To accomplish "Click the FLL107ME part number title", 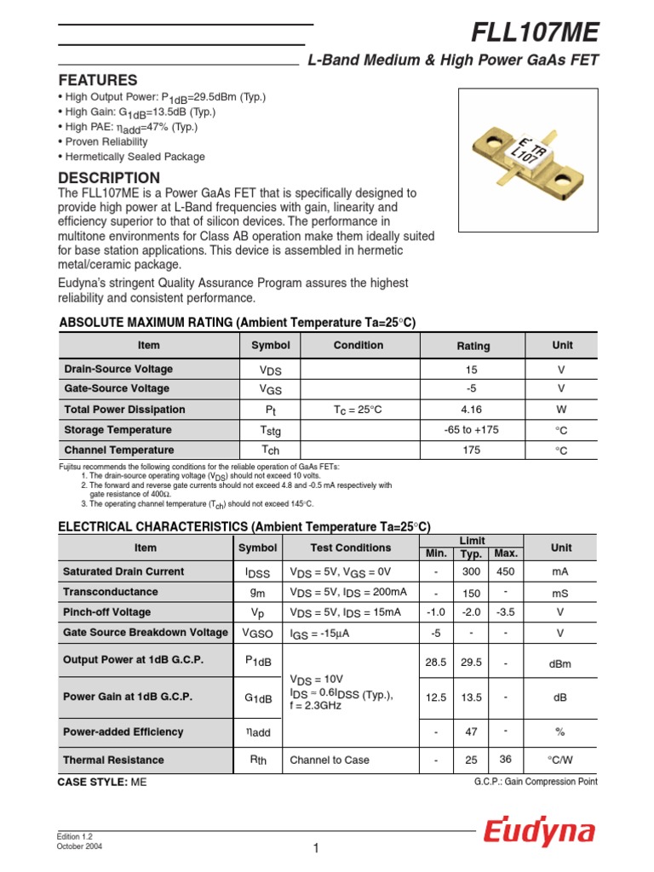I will [536, 33].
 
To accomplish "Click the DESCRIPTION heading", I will [108, 178].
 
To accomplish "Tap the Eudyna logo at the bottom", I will [540, 832].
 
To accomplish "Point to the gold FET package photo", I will [527, 158].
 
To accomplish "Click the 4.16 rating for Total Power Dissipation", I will [473, 410].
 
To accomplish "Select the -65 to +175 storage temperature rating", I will [473, 430].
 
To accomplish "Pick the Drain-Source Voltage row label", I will [118, 369].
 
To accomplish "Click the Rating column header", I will [473, 346].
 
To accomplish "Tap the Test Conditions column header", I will [351, 548].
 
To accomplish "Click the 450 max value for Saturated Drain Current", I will [506, 571].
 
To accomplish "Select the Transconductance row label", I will [111, 592].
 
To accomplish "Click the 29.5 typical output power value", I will [471, 662].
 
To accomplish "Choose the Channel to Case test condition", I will [330, 760].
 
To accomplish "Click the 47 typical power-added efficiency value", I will [471, 732].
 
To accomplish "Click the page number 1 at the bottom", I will [315, 848].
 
